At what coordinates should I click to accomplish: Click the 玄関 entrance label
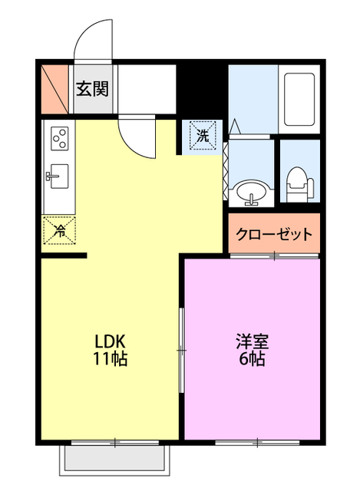[x=91, y=87]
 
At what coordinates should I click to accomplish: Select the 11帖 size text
[x=111, y=359]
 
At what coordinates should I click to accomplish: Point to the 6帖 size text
[x=252, y=359]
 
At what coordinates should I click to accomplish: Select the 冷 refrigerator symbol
[x=58, y=229]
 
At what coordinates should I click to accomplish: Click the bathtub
[x=299, y=100]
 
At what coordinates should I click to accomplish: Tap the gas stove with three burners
[x=58, y=139]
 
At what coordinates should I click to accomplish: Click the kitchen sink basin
[x=58, y=176]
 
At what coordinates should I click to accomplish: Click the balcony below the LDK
[x=115, y=458]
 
